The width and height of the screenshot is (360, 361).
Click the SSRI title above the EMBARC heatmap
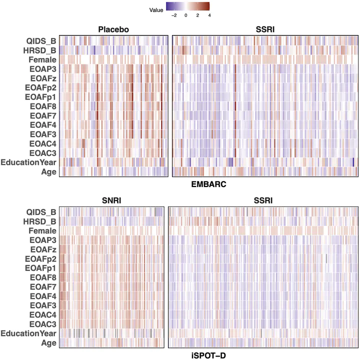pos(265,29)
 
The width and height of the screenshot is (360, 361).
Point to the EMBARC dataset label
pos(209,184)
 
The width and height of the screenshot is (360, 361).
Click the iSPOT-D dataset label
pos(209,355)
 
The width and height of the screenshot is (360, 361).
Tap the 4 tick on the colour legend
pos(209,16)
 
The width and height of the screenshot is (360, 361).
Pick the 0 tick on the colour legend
pos(185,16)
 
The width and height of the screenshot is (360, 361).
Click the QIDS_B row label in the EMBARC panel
pos(41,41)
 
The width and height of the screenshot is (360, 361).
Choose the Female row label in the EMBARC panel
pos(41,59)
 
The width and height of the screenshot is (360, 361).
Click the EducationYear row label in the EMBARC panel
pos(29,162)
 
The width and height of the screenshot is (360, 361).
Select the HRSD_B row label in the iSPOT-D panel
pos(41,221)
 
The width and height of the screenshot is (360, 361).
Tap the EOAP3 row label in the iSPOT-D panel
pos(41,239)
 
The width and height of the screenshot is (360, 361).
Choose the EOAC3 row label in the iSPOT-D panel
pos(41,323)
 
